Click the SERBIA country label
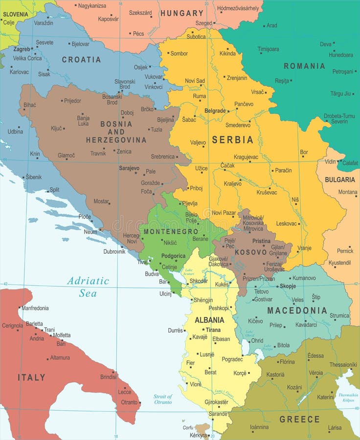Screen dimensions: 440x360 coord(232,140)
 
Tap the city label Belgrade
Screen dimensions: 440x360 coord(215,111)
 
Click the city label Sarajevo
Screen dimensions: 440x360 coord(129,168)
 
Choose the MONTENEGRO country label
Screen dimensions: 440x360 coord(171,231)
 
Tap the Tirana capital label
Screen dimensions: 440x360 coord(213,330)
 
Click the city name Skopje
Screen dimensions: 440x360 coord(288,286)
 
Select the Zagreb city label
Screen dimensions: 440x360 coord(22,49)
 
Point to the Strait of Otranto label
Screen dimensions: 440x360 coord(163,399)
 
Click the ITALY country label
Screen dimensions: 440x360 coord(32,377)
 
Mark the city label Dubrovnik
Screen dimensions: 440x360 coord(114,251)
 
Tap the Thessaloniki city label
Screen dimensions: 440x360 coord(343,365)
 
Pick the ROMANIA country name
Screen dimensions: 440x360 coord(304,66)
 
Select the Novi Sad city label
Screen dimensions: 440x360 coord(195,81)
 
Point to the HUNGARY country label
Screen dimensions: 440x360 coord(181,13)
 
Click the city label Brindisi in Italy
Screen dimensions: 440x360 coord(109,377)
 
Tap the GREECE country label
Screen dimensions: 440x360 coord(299,419)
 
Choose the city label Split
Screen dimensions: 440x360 coord(54,190)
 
